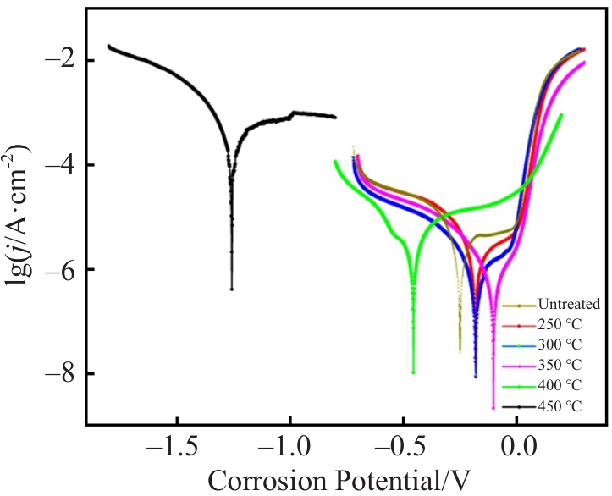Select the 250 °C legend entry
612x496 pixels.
(x=551, y=324)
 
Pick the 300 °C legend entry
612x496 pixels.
(x=551, y=344)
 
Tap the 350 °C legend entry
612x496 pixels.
(x=551, y=365)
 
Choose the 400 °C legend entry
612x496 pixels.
(x=551, y=385)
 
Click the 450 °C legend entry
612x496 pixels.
(x=551, y=405)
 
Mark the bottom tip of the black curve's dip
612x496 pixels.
(x=231, y=289)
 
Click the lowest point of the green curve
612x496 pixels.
(x=413, y=372)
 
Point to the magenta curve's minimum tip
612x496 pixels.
(x=493, y=408)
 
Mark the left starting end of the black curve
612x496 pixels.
(x=108, y=46)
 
